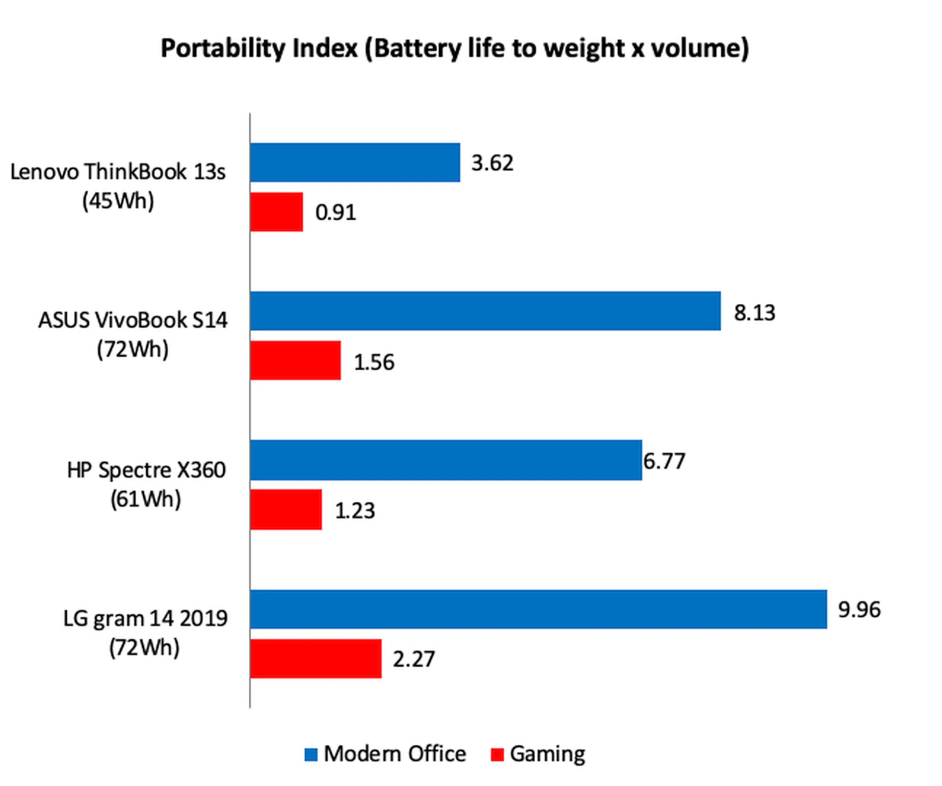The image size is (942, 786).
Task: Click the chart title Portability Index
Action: [x=455, y=48]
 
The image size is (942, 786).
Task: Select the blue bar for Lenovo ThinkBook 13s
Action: [x=355, y=162]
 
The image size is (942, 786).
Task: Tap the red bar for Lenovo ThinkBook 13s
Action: [x=276, y=211]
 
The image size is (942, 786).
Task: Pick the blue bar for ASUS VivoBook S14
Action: [x=485, y=311]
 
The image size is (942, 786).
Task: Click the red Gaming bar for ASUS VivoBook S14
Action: [x=295, y=361]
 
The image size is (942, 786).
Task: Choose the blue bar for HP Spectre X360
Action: [x=445, y=460]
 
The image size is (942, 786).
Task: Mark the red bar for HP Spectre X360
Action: [x=286, y=509]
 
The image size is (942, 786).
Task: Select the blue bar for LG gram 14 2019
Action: [x=538, y=609]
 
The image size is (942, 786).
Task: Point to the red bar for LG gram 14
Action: [x=315, y=658]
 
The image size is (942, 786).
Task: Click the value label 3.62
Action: [x=492, y=163]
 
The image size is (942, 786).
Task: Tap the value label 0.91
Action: [x=336, y=212]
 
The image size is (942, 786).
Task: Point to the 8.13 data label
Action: [x=755, y=313]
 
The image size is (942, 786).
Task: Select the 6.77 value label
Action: [x=664, y=461]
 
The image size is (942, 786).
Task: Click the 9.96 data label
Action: [x=859, y=609]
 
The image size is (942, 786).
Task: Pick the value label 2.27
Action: [x=414, y=659]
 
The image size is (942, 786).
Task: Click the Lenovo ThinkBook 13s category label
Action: [x=118, y=186]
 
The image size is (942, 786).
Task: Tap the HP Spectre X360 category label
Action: [x=146, y=484]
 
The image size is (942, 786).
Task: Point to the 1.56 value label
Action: [x=374, y=362]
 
